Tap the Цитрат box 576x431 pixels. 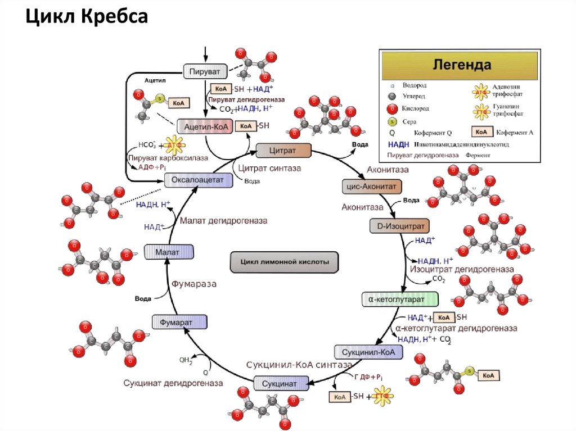coord(283,149)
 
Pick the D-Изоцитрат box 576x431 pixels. coord(399,226)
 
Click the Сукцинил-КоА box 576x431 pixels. coord(369,352)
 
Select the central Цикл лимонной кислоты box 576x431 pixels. coord(285,262)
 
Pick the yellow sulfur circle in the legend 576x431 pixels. coord(391,121)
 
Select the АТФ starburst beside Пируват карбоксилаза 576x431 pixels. coord(171,146)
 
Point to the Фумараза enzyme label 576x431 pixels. coord(194,284)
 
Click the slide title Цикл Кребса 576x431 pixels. coord(87,17)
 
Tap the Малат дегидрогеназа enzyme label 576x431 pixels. coord(223,221)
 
